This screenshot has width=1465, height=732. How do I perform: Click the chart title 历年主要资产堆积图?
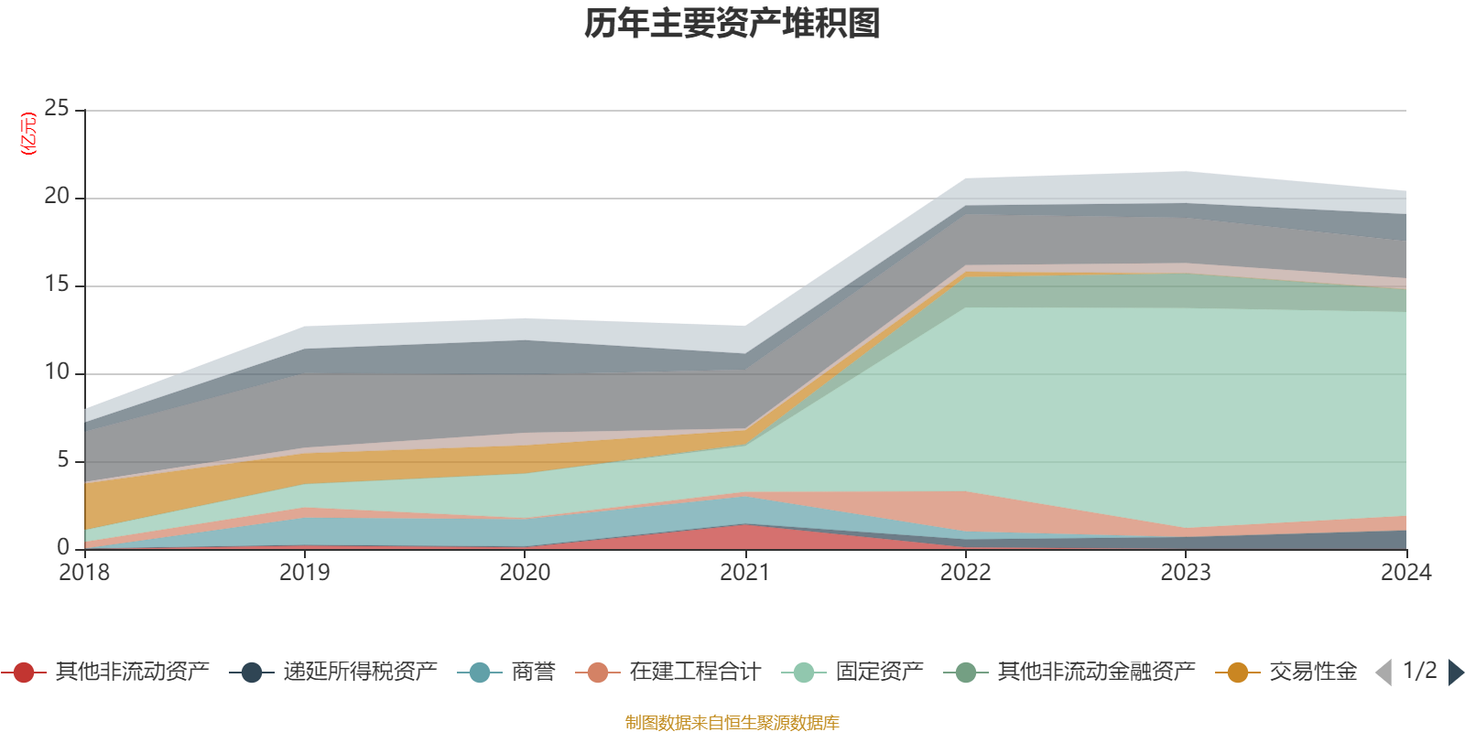point(732,24)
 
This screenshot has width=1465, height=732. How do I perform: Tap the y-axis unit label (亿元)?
point(29,134)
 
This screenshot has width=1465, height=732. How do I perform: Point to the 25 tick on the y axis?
point(57,109)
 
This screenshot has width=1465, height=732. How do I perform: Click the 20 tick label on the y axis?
point(57,197)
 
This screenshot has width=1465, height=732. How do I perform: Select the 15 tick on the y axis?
point(57,285)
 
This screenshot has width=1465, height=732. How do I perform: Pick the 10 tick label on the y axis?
point(57,372)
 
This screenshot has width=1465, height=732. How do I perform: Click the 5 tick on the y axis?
point(63,460)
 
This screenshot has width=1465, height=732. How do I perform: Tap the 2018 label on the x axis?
point(84,573)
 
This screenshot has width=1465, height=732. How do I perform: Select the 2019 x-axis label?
point(304,573)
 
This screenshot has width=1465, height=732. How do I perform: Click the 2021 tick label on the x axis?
point(745,573)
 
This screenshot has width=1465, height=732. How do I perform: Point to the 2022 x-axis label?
point(965,573)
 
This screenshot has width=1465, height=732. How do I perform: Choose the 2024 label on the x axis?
point(1405,573)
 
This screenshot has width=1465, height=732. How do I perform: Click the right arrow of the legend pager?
point(1455,673)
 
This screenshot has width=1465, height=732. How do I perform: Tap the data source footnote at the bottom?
point(732,723)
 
